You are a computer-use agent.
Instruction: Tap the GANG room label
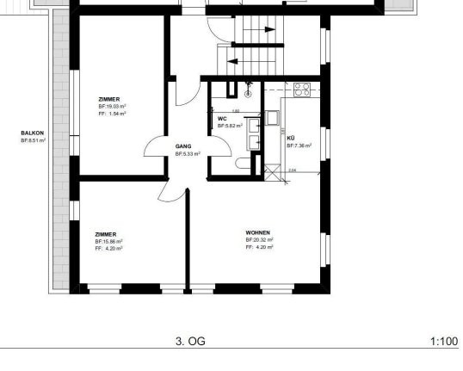(182, 147)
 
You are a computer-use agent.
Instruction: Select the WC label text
(222, 118)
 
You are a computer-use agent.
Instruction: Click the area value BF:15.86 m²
(109, 241)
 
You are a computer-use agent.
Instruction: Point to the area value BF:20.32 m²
(259, 240)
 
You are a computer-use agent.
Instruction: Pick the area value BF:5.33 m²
(187, 154)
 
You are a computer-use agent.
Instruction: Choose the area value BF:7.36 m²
(299, 145)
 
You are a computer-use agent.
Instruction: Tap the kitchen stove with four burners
(301, 87)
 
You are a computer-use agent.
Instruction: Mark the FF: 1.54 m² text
(112, 113)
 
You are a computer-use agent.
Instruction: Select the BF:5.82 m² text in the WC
(229, 125)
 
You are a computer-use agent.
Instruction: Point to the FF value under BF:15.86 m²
(109, 248)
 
